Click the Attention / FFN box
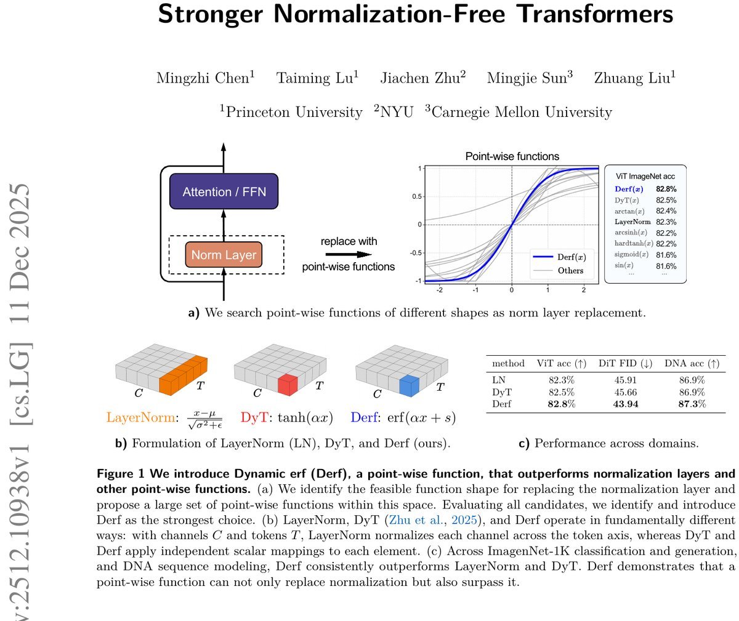point(224,191)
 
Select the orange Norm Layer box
point(224,255)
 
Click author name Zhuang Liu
point(634,78)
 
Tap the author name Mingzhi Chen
point(205,78)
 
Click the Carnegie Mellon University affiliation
point(521,112)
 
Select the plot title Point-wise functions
point(512,156)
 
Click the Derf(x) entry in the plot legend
point(570,257)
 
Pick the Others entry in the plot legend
point(570,270)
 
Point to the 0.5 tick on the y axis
point(416,196)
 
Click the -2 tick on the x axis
point(439,289)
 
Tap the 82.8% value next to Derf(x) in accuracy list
point(666,189)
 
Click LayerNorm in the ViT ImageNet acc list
point(632,222)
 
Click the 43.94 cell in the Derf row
point(626,404)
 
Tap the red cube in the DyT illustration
point(287,385)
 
